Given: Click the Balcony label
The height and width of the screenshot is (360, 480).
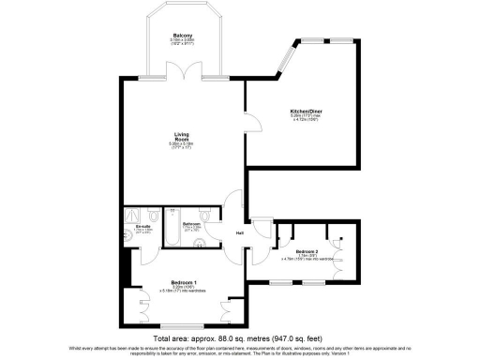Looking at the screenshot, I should coord(183,35).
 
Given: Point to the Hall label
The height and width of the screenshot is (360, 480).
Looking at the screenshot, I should coord(240,232).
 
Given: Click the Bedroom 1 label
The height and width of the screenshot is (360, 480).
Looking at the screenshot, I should coord(183,282).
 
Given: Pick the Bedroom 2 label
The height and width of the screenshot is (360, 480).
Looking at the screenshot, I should coord(307,252).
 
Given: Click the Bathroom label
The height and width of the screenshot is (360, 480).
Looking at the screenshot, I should coord(192,224).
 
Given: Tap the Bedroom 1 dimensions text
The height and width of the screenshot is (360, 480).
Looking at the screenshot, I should coord(183,291).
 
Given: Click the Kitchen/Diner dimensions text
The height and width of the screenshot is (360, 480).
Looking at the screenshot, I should coord(313,118).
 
